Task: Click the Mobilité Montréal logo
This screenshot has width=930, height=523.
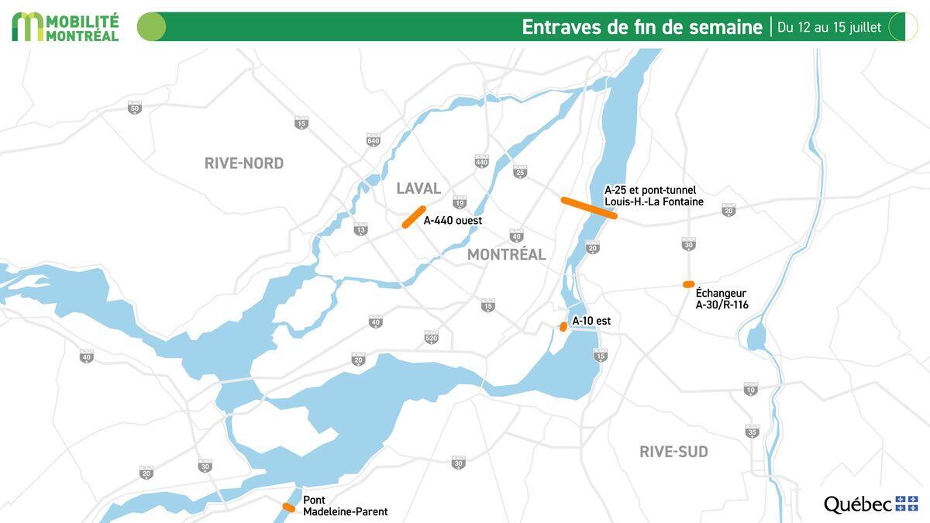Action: click(x=66, y=26)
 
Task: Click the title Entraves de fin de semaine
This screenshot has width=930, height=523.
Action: click(x=642, y=27)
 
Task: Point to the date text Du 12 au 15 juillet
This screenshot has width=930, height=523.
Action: click(x=829, y=27)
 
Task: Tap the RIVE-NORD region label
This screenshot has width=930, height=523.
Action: click(x=244, y=163)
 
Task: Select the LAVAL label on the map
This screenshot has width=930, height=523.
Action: click(x=418, y=188)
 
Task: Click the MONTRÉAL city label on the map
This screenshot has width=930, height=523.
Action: click(x=506, y=254)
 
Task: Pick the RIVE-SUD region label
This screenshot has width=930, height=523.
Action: click(x=673, y=452)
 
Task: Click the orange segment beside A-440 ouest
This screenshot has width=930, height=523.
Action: click(x=414, y=217)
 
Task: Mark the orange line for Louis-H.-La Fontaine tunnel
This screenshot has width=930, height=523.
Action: click(x=589, y=208)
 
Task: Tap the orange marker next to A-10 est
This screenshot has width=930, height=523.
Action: click(x=563, y=327)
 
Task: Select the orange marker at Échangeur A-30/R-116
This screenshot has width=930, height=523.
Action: click(x=688, y=284)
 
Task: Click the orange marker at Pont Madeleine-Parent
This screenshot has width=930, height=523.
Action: click(x=288, y=508)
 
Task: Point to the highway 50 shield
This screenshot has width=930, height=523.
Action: click(x=135, y=108)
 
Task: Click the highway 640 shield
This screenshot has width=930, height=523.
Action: click(x=374, y=139)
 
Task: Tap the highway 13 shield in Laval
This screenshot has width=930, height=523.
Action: click(x=360, y=229)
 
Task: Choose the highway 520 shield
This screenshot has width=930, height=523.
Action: click(x=432, y=337)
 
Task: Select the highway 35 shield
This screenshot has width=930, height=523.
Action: click(x=752, y=432)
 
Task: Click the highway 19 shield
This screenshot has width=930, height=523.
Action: click(x=460, y=203)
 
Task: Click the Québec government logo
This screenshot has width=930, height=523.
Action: click(x=870, y=504)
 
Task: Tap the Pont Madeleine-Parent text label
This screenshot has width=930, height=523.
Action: click(x=345, y=506)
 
